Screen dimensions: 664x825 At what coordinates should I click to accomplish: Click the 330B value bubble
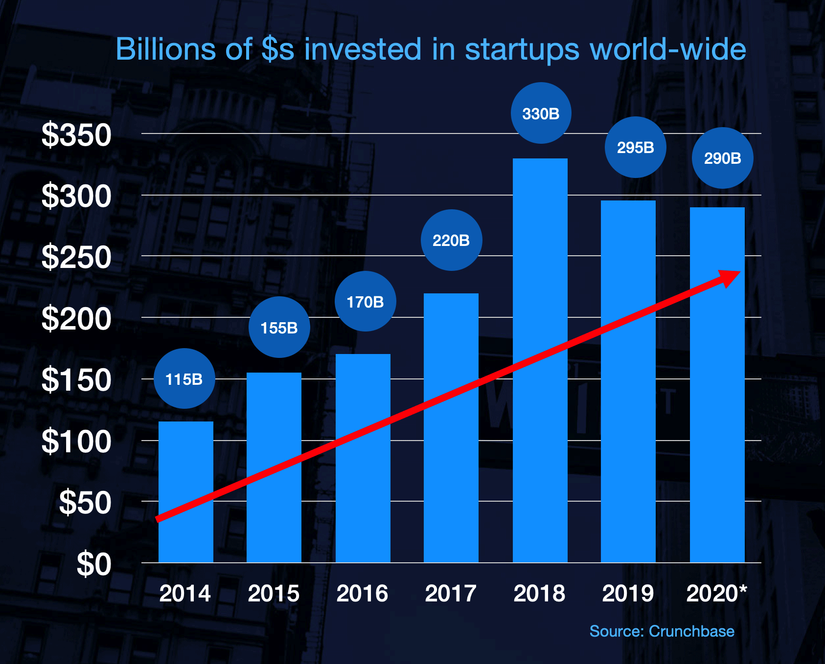coord(541,113)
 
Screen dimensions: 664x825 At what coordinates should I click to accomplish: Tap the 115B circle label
coord(184,379)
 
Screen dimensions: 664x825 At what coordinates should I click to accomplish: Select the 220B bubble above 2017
coord(451,240)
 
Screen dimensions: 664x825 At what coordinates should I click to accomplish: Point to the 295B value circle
coord(635,147)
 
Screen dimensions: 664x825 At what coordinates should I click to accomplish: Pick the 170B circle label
coord(365,302)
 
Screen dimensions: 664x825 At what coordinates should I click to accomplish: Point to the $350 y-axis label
coord(76,135)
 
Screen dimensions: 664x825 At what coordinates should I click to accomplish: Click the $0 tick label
coord(94,564)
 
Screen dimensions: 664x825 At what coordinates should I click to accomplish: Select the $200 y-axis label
coord(76,319)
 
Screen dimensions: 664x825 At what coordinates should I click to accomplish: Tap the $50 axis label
coord(85,503)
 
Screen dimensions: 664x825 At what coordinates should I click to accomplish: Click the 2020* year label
coord(716,594)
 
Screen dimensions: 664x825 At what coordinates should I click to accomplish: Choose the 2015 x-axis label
coord(274,594)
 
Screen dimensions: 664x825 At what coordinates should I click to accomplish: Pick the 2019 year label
coord(628,594)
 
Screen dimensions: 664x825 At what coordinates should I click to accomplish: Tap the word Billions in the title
coord(165,49)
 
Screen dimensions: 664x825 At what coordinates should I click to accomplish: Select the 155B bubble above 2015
coord(279,327)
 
